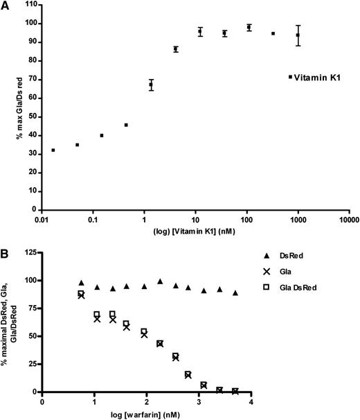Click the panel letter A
tap(6, 6)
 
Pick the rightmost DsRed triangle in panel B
tap(235, 292)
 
